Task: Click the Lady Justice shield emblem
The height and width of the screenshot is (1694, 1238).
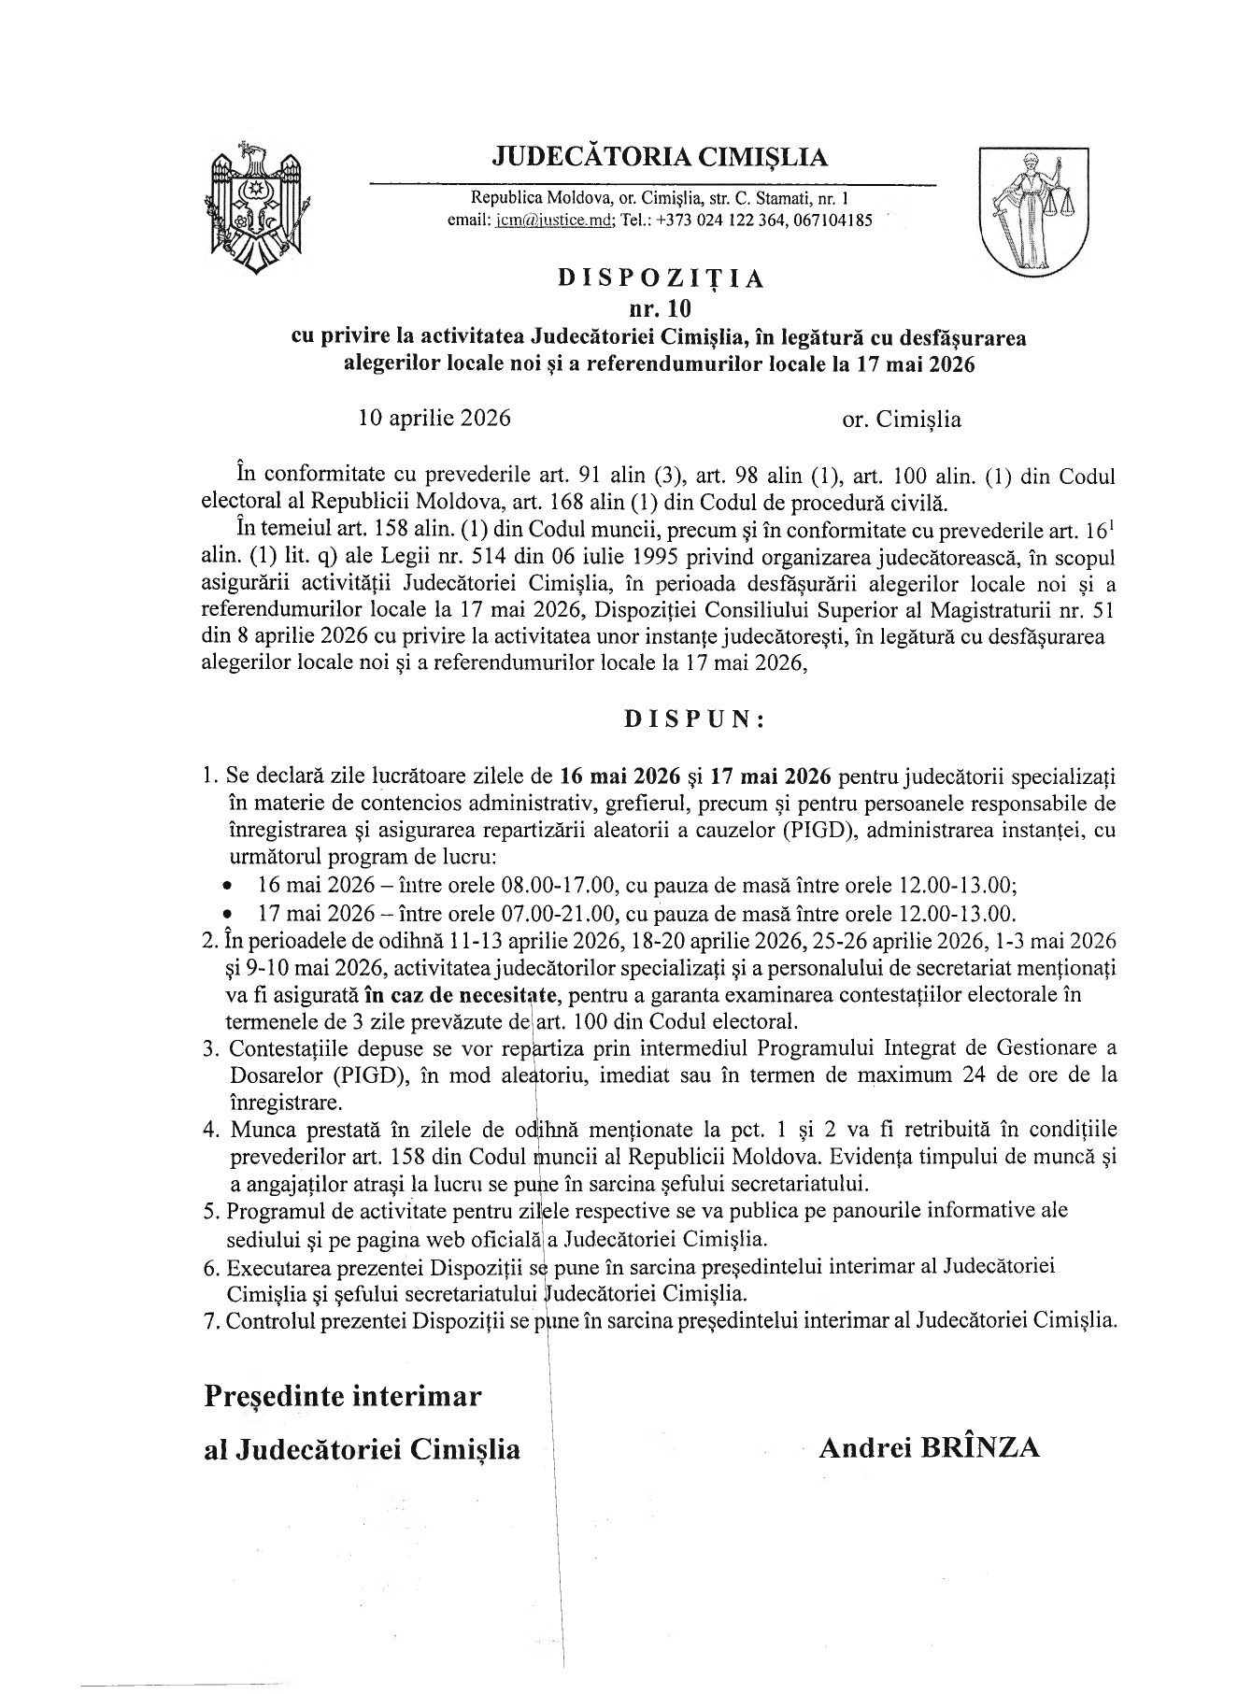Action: coord(1032,211)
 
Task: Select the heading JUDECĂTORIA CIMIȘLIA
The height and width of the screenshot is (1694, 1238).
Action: coord(660,156)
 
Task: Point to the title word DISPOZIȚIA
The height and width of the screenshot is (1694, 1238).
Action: coord(661,278)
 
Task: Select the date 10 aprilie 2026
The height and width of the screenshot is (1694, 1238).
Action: coord(434,418)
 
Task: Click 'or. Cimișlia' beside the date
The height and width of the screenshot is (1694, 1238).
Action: coord(902,419)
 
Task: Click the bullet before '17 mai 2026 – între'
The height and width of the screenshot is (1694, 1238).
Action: coord(228,913)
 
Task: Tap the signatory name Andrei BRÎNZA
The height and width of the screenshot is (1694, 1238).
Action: coord(929,1447)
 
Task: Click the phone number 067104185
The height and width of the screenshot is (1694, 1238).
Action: coord(832,221)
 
